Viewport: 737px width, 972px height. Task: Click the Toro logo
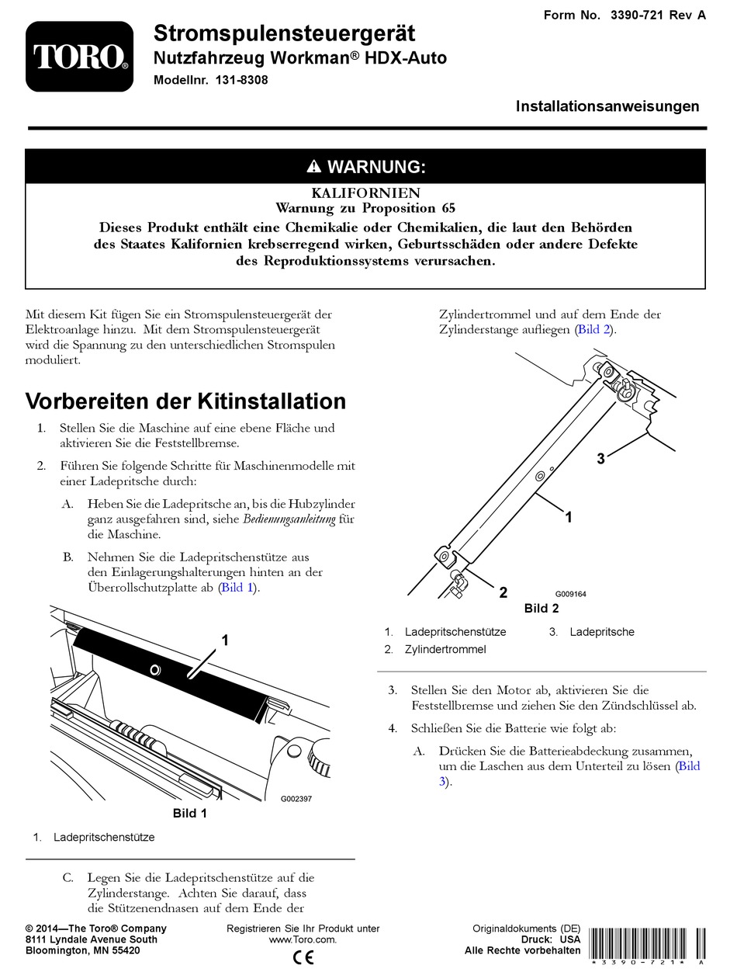80,56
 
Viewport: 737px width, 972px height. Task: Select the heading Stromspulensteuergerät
284,33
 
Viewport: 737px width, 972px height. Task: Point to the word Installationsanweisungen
607,106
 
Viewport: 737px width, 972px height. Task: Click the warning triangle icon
313,167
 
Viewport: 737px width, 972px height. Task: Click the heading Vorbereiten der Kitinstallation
186,401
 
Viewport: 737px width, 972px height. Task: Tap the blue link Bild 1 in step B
237,588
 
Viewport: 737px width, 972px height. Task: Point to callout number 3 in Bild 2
600,459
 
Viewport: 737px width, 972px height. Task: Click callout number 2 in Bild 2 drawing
503,593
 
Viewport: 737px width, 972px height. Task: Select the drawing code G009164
570,594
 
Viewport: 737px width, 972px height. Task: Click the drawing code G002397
296,798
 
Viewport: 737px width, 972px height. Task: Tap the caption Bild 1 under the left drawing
189,814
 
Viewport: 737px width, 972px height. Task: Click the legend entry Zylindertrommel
445,649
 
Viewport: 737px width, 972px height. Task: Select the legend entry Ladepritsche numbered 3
602,632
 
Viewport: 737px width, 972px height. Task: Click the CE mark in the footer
303,957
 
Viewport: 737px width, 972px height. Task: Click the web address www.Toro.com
303,939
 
